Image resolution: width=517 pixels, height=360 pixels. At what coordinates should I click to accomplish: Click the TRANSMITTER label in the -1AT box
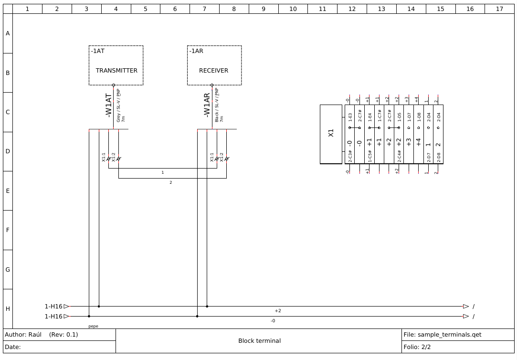[x=116, y=71]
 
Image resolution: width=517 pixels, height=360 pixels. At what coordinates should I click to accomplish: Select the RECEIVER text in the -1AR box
[x=213, y=71]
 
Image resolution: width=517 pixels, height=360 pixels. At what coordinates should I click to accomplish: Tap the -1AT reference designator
[x=98, y=51]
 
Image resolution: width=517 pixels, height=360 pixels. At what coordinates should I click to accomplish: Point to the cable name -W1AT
[x=109, y=105]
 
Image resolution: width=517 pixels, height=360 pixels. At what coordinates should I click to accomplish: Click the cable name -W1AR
[x=207, y=105]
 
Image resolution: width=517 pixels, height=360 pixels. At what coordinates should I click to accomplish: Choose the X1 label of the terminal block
[x=331, y=133]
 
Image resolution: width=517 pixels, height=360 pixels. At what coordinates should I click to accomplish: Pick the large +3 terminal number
[x=409, y=142]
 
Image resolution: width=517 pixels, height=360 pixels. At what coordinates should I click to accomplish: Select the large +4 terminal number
[x=419, y=142]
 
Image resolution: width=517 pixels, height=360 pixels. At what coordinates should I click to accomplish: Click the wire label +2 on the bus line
[x=278, y=311]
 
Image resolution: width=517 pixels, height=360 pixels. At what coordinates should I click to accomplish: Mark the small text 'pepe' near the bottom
[x=93, y=326]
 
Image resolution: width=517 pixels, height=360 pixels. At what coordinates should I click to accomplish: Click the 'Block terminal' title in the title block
[x=259, y=341]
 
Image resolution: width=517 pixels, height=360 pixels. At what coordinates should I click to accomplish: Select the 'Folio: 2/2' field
[x=417, y=347]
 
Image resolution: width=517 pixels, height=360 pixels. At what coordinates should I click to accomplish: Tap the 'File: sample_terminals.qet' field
[x=442, y=335]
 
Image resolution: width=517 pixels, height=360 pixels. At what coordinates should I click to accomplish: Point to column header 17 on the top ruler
[x=499, y=9]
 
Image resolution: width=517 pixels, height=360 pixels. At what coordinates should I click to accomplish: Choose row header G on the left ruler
[x=8, y=270]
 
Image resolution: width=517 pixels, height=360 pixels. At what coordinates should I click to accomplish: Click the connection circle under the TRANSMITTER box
[x=114, y=85]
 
